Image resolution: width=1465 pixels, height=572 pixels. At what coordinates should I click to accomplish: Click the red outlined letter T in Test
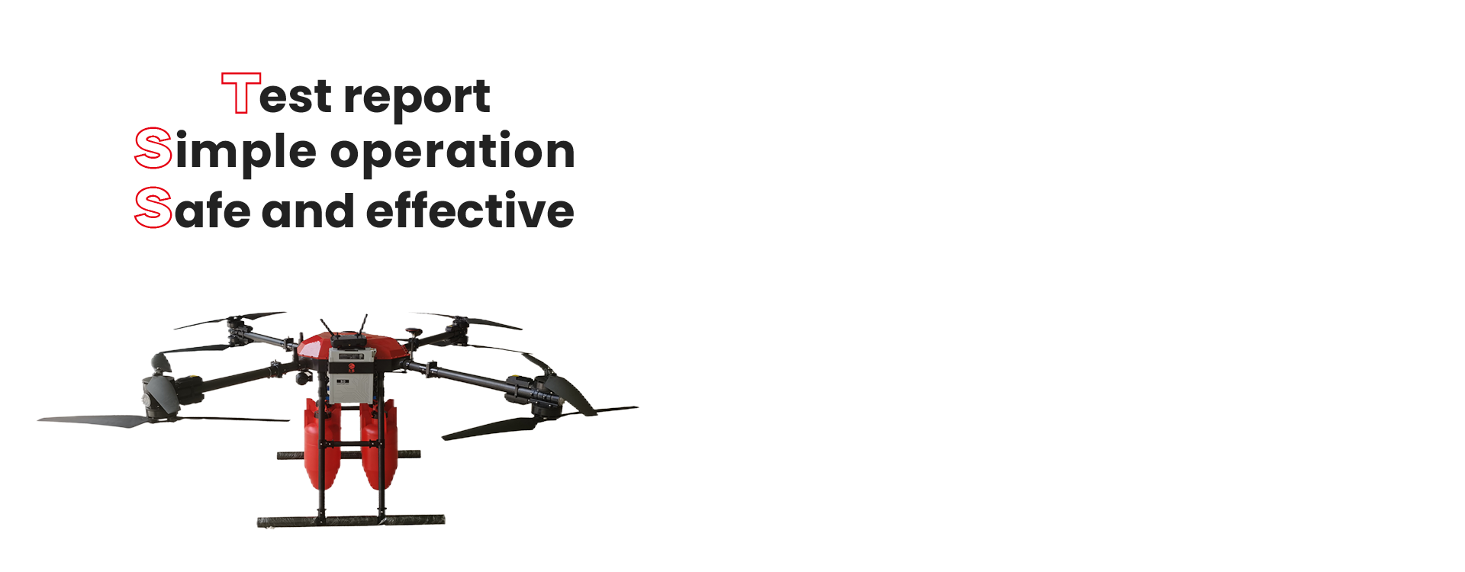(241, 93)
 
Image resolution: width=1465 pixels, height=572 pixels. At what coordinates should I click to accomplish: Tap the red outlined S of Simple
(153, 149)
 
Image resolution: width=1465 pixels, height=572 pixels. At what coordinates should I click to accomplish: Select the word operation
(452, 152)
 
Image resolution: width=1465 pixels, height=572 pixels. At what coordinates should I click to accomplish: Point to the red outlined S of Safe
(153, 207)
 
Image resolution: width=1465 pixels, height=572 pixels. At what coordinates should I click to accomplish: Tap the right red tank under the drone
(378, 442)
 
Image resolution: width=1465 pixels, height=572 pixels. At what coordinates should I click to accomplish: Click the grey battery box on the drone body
(355, 374)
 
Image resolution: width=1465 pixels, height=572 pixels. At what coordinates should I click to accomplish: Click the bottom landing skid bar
(351, 521)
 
